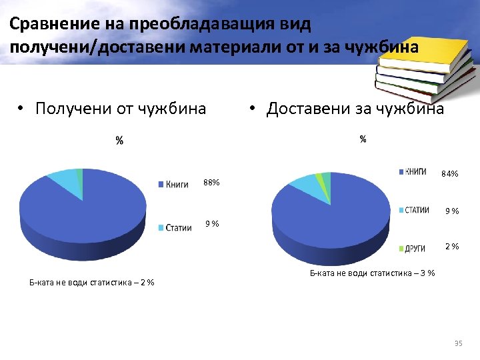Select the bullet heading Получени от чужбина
click(x=120, y=108)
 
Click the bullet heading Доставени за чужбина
click(x=354, y=108)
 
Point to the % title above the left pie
click(x=119, y=141)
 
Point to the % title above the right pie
click(x=363, y=139)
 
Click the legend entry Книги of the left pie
click(x=176, y=184)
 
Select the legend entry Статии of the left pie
click(x=178, y=228)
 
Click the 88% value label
click(x=212, y=183)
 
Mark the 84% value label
click(x=450, y=174)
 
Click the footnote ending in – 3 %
click(x=373, y=272)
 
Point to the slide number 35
click(x=457, y=343)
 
